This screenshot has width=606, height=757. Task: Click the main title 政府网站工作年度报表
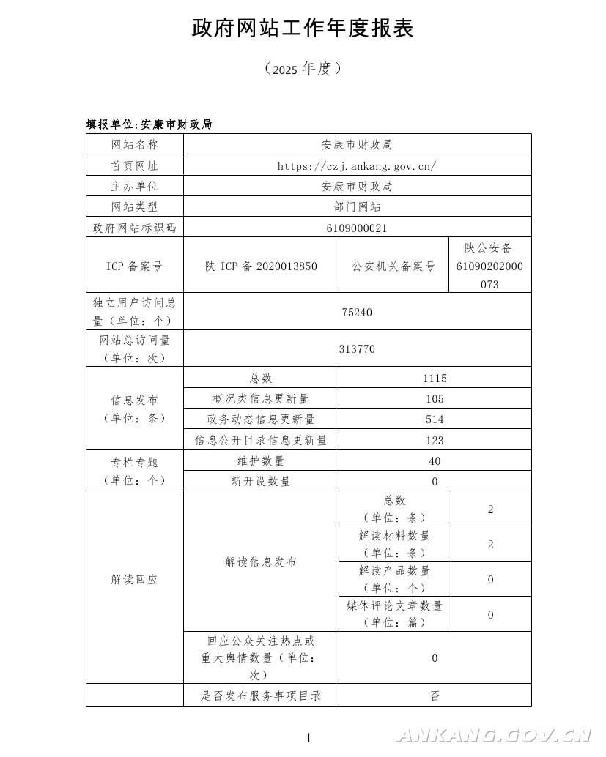(303, 29)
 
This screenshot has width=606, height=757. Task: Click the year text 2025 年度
(303, 69)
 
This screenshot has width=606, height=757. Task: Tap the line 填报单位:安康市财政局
(149, 124)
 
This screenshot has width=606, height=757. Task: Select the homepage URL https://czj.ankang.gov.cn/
(357, 165)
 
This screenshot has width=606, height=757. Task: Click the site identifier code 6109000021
(357, 228)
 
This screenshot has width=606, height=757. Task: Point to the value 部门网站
(357, 207)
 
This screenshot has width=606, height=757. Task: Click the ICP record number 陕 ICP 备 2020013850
(261, 266)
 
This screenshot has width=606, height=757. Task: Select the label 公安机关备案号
(393, 266)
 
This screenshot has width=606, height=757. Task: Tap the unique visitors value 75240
(357, 313)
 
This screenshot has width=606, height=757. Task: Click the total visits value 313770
(357, 349)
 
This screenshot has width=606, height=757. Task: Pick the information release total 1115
(435, 378)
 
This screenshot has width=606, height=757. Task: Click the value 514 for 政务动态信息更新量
(435, 419)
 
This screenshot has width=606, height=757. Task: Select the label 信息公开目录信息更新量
(261, 440)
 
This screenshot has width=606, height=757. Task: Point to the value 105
(435, 399)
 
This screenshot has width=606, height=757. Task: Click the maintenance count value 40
(435, 460)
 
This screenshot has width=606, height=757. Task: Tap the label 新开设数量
(261, 481)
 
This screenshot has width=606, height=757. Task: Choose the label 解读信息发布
(261, 562)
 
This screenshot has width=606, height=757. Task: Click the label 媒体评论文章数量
(395, 605)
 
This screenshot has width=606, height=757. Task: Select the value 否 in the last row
(435, 696)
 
